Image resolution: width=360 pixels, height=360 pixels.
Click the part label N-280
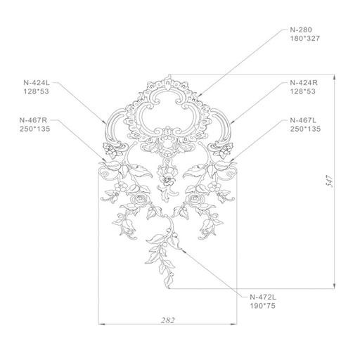[x=301, y=30]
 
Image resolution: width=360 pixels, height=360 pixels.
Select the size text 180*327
[x=305, y=39]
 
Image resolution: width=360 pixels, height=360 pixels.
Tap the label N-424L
[x=37, y=83]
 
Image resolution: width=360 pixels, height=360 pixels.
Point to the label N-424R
[x=304, y=83]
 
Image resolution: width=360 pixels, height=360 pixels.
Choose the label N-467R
[x=33, y=120]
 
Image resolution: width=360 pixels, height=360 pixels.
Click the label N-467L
[x=303, y=120]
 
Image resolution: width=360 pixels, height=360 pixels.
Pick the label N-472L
[x=263, y=297]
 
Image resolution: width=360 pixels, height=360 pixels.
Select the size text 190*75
[x=262, y=306]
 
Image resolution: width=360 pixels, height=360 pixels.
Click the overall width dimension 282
[x=168, y=320]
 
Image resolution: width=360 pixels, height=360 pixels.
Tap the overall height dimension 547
[x=330, y=181]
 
